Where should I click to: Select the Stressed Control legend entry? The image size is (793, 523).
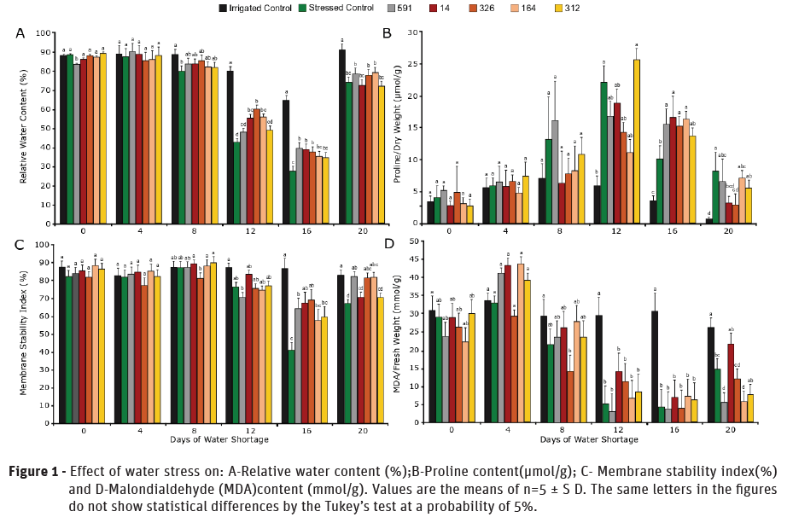(344, 8)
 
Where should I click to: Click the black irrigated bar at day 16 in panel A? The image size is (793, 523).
(285, 161)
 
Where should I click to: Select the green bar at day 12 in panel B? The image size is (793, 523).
(603, 153)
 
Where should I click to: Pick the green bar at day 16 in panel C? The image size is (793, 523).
(293, 386)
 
